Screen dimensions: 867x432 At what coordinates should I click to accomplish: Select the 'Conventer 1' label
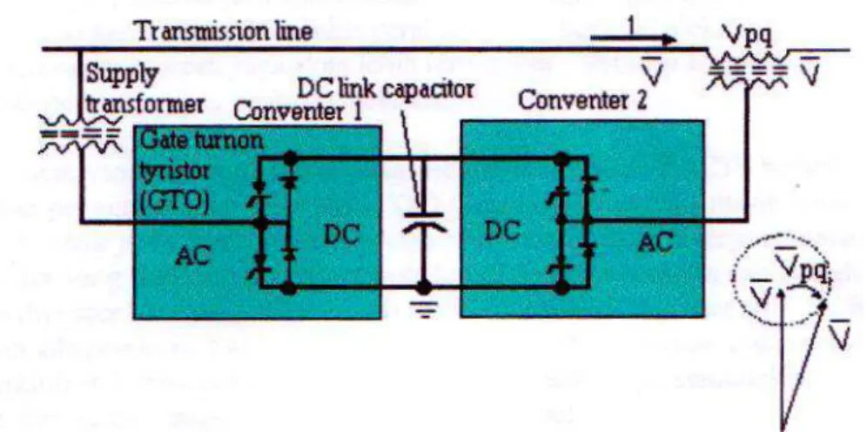click(298, 112)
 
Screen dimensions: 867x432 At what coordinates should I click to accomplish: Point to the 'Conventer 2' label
click(582, 102)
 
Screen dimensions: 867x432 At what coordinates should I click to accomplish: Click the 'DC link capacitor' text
click(386, 88)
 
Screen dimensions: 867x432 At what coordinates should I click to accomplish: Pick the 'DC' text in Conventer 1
click(342, 237)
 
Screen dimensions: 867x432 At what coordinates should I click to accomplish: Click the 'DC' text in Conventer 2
click(502, 233)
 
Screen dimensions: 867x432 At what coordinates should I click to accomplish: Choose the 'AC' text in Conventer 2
click(655, 242)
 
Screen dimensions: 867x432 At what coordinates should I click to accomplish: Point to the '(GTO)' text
click(174, 204)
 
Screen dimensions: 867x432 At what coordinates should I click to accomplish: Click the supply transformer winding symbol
click(81, 132)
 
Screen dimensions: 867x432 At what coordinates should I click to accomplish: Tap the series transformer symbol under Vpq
click(747, 71)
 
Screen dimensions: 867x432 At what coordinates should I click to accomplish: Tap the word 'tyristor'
click(172, 177)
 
